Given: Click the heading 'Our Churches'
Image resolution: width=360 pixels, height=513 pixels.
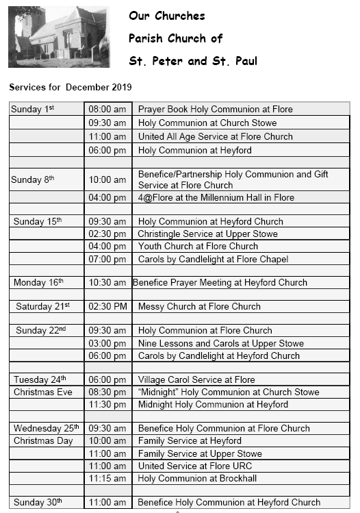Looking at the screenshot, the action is click(166, 16).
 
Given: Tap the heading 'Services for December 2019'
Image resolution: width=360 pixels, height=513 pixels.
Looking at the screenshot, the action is click(70, 87).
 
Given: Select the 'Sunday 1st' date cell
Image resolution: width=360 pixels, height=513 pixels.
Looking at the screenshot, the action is click(33, 109).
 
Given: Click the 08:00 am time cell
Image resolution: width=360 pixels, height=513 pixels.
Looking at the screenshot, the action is click(107, 110).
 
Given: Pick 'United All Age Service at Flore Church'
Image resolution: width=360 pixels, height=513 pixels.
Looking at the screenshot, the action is click(215, 136).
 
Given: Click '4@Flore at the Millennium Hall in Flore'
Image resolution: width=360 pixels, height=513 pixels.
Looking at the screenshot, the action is click(216, 197).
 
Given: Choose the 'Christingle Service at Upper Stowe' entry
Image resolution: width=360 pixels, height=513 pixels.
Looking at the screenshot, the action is click(208, 234).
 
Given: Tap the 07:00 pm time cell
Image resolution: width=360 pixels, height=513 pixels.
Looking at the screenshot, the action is click(107, 259).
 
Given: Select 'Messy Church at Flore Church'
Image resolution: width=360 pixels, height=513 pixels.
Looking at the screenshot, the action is click(199, 306).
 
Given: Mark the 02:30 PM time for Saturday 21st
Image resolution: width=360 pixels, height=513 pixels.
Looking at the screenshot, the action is click(108, 306).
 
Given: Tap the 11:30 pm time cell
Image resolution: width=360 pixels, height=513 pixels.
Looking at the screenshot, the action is click(107, 405).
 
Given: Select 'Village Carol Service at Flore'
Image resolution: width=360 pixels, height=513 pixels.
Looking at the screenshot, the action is click(196, 380).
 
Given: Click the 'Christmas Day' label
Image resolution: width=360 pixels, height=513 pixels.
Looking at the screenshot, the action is click(43, 441).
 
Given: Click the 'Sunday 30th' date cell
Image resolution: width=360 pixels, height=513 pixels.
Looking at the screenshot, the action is click(38, 502).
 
